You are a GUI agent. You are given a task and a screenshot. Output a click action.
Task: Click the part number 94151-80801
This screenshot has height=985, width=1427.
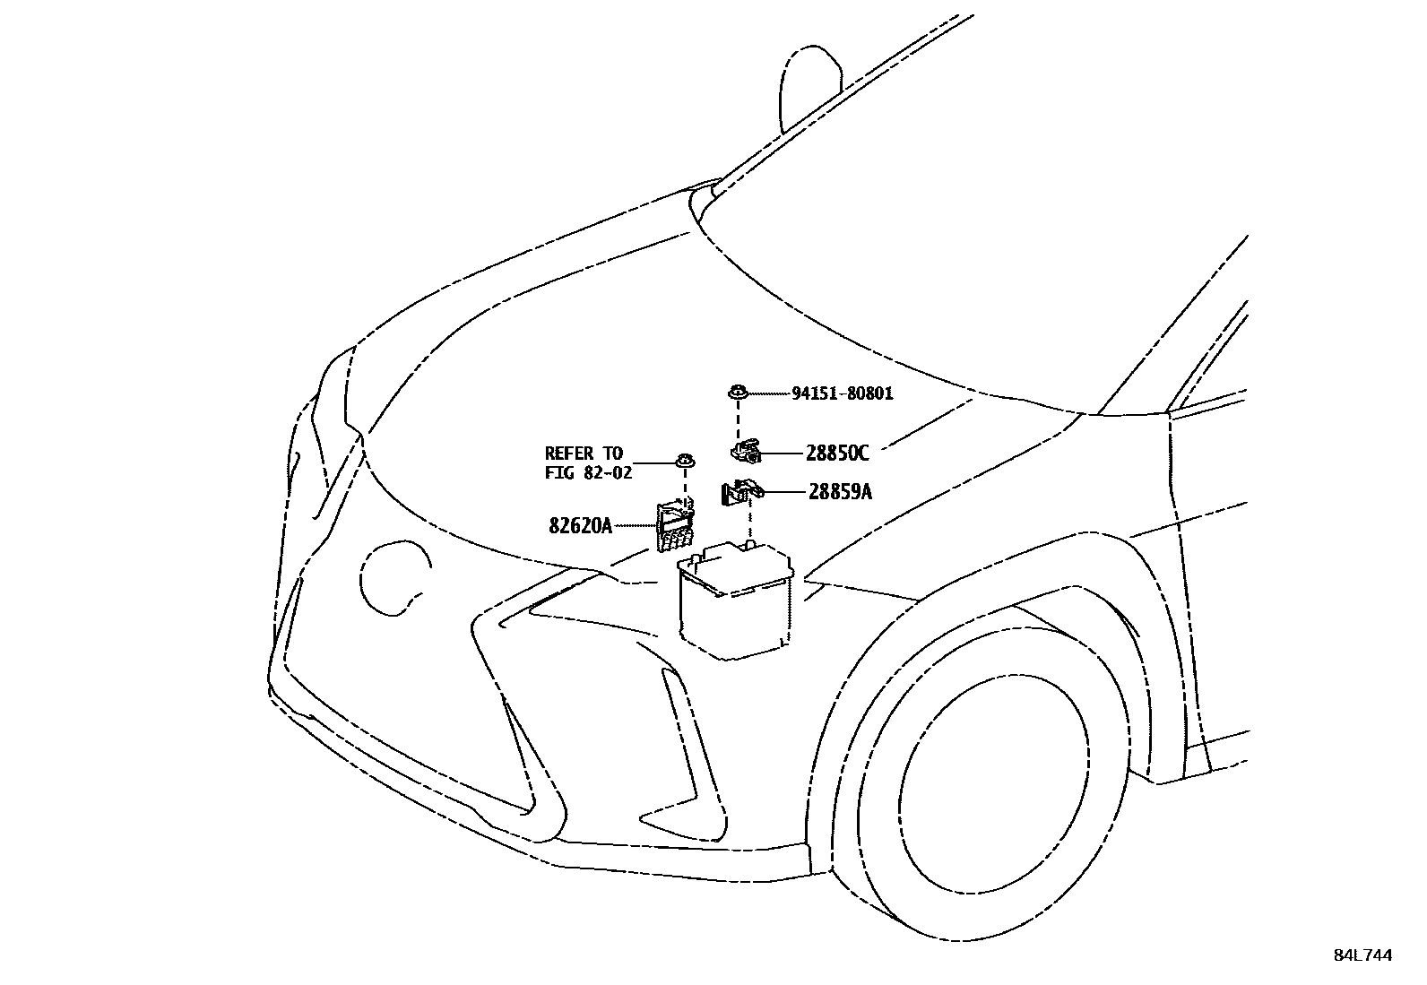(x=842, y=393)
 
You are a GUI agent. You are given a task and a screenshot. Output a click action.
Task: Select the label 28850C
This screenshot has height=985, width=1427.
(x=836, y=454)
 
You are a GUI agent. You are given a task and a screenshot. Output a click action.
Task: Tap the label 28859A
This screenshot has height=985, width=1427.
(x=839, y=492)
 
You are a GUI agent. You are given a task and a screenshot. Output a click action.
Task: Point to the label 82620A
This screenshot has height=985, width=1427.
(x=580, y=525)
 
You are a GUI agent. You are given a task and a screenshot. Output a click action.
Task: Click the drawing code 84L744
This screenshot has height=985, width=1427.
(x=1362, y=955)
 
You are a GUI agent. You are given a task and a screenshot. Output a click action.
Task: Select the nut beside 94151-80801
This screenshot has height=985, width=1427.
(x=738, y=392)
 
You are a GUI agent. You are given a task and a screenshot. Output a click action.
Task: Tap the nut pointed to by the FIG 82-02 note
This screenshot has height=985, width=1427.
(x=686, y=462)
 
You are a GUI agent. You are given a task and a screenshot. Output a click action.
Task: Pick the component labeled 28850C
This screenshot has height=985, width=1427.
(x=745, y=452)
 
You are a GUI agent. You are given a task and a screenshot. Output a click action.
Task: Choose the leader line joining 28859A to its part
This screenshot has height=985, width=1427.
(x=783, y=492)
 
